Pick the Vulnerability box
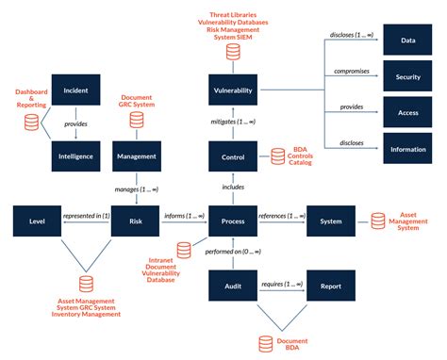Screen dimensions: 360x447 (x=231, y=90)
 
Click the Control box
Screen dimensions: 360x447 (x=231, y=156)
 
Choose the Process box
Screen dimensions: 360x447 (x=231, y=221)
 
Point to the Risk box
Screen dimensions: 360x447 (x=136, y=221)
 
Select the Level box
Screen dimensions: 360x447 (x=38, y=221)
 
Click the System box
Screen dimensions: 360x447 (x=331, y=221)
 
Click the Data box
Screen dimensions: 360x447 (x=407, y=41)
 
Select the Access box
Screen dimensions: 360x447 (x=407, y=113)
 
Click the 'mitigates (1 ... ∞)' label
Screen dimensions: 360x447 (x=231, y=123)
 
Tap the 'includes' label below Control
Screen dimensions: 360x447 (x=231, y=188)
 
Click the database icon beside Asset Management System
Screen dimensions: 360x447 (x=377, y=221)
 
